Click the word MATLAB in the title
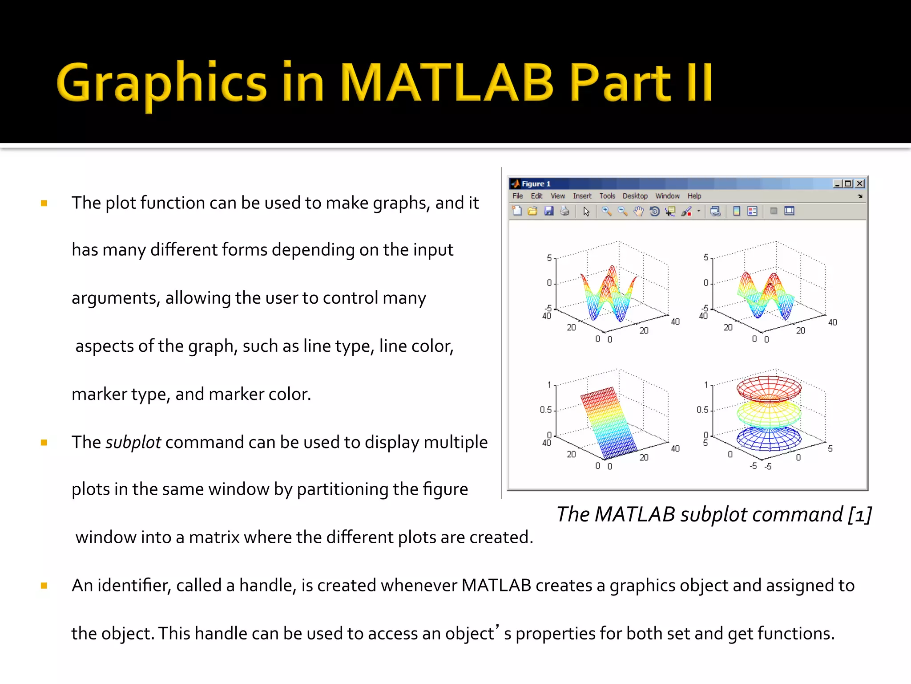(x=447, y=82)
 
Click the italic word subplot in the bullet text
(x=133, y=442)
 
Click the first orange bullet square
(x=44, y=204)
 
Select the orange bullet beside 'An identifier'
(x=44, y=586)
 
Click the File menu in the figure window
(x=517, y=196)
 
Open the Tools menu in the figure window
(x=607, y=196)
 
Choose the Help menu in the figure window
(x=694, y=196)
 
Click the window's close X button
(x=860, y=183)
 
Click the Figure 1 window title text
(x=536, y=183)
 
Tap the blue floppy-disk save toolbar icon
(x=549, y=211)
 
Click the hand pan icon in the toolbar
(x=638, y=211)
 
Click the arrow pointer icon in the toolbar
(x=586, y=211)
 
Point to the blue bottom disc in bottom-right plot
(x=769, y=439)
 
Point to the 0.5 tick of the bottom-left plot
(x=545, y=410)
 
